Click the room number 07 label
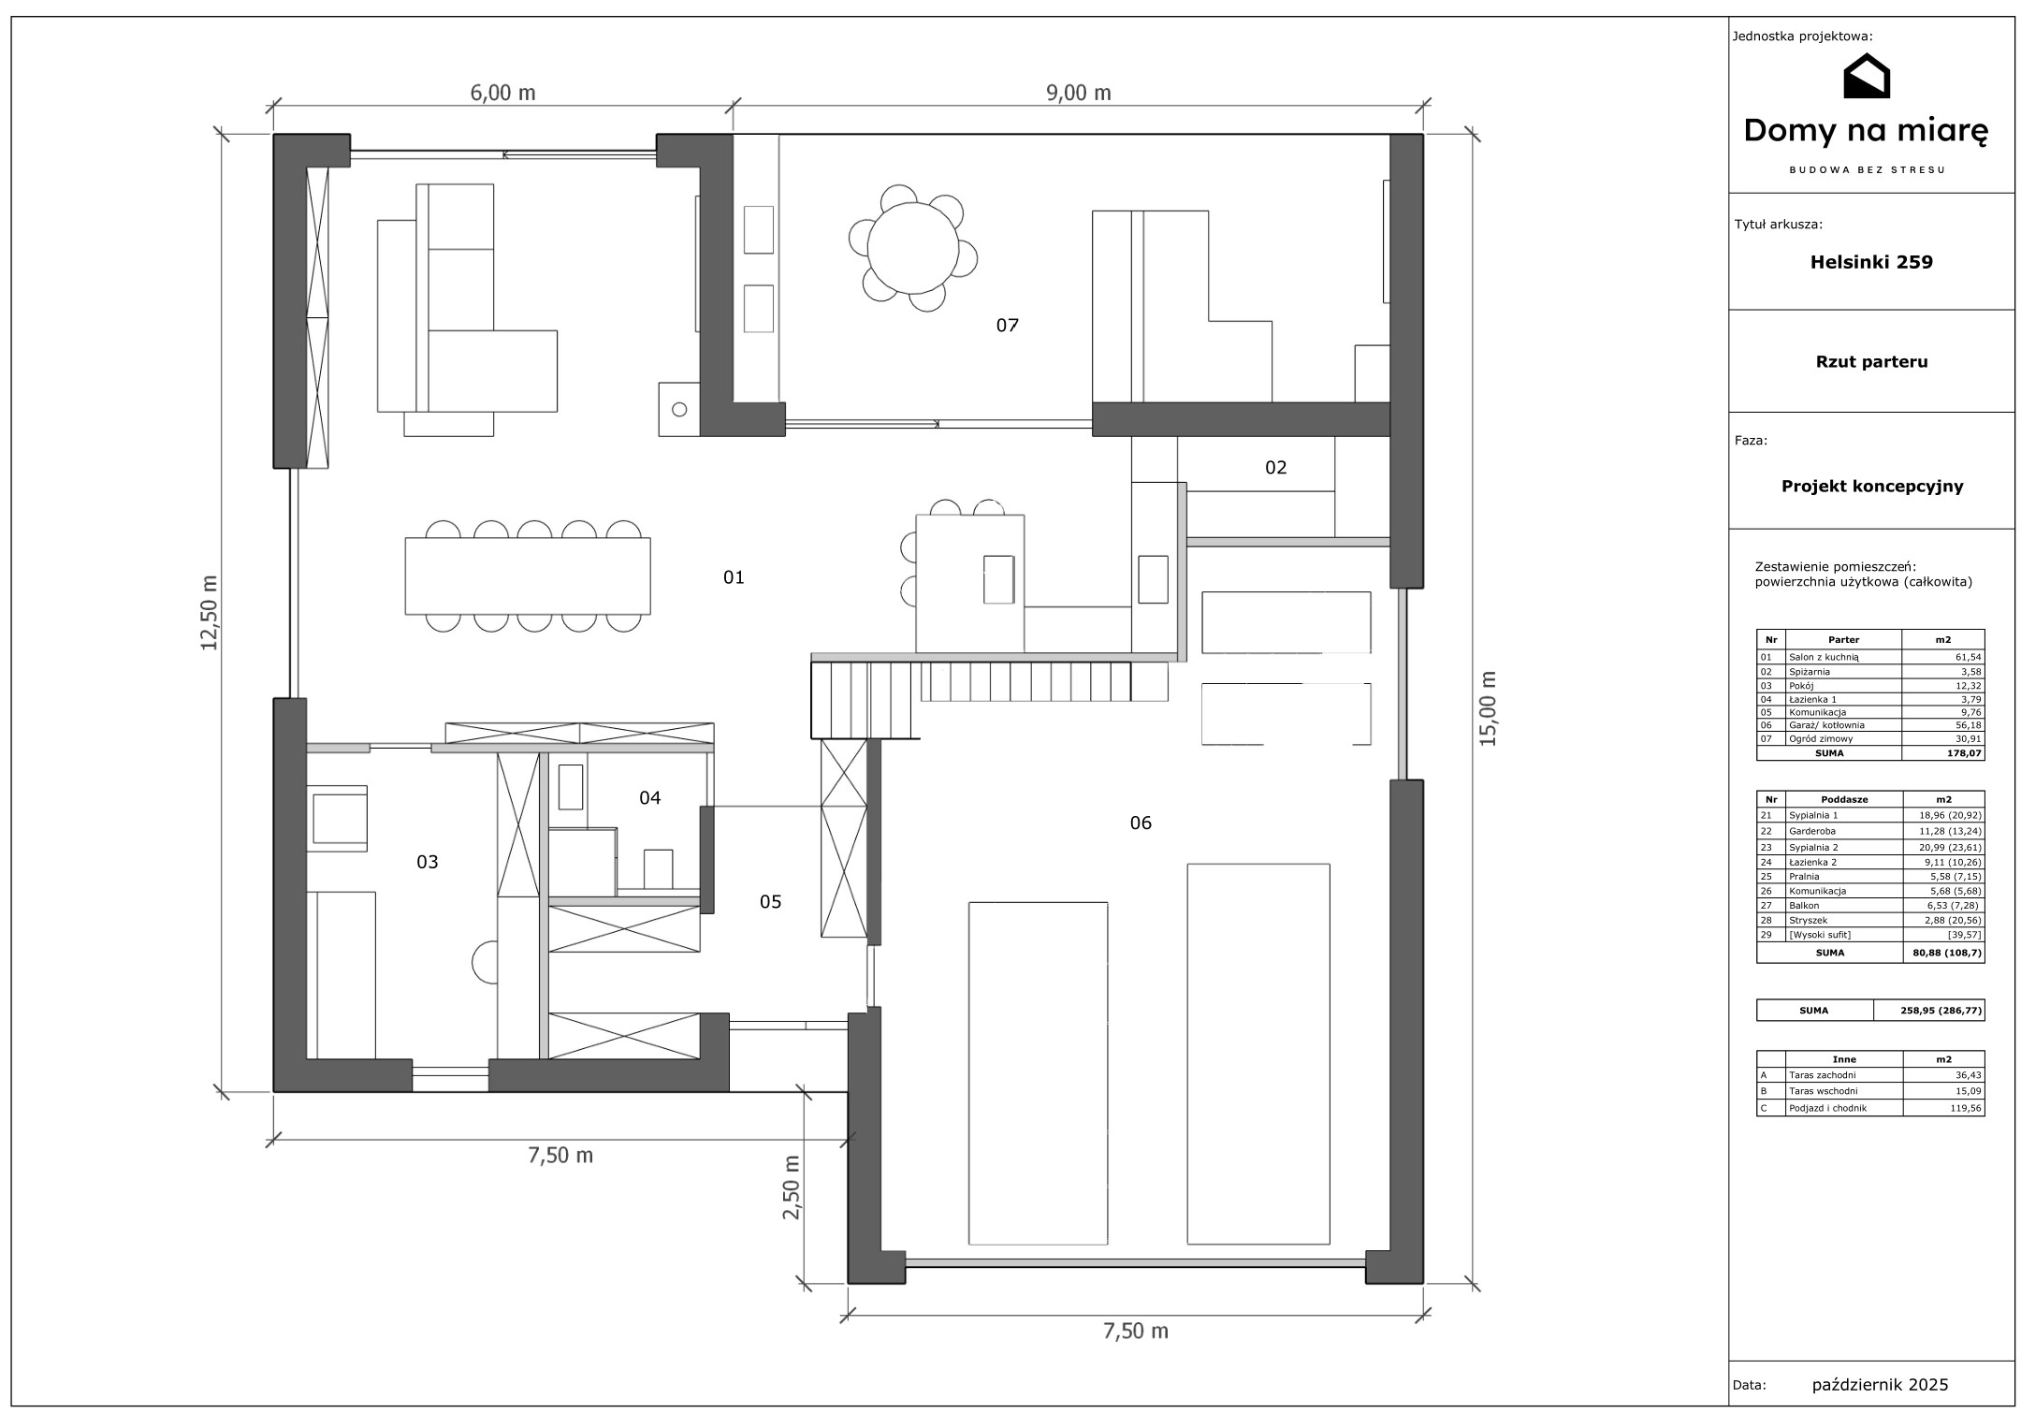[1007, 326]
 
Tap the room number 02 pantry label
[1276, 468]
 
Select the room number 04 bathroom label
[649, 797]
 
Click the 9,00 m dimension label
[1079, 93]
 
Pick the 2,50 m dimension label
[791, 1187]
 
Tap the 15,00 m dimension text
[1488, 708]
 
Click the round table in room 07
[913, 248]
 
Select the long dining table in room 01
[528, 575]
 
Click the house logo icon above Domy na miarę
[1866, 77]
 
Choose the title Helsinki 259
[1871, 262]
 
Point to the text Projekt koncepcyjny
[1871, 487]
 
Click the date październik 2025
[1880, 1384]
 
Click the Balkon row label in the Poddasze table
[1803, 906]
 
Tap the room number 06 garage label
[1141, 823]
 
